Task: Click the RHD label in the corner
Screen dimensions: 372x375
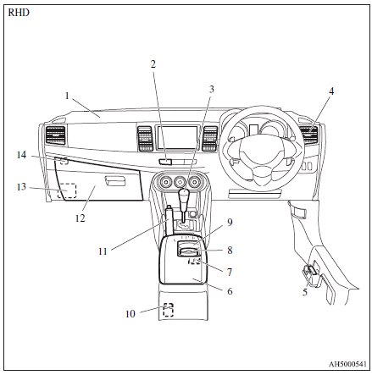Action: click(19, 13)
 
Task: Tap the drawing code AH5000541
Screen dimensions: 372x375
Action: click(347, 364)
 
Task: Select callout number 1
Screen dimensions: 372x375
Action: click(67, 96)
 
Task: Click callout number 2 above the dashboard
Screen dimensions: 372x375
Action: click(153, 64)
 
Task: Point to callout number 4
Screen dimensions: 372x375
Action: click(331, 91)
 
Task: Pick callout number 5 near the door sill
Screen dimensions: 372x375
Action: click(304, 292)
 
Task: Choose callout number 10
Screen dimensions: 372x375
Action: click(130, 314)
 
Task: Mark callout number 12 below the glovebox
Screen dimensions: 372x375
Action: click(80, 218)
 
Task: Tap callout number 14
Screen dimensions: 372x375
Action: click(21, 155)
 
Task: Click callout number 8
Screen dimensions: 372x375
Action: click(230, 250)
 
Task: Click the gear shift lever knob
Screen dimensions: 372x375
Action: click(184, 195)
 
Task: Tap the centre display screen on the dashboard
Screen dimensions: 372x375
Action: click(177, 138)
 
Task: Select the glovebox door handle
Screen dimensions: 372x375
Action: click(115, 180)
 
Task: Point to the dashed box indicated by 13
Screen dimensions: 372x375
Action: click(67, 190)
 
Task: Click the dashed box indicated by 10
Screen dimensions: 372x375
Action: click(169, 310)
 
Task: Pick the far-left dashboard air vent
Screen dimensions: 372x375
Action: click(55, 136)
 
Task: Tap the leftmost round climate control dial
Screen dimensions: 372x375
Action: click(164, 183)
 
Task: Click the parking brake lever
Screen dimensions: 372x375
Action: click(169, 220)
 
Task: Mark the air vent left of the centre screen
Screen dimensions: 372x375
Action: click(145, 138)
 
